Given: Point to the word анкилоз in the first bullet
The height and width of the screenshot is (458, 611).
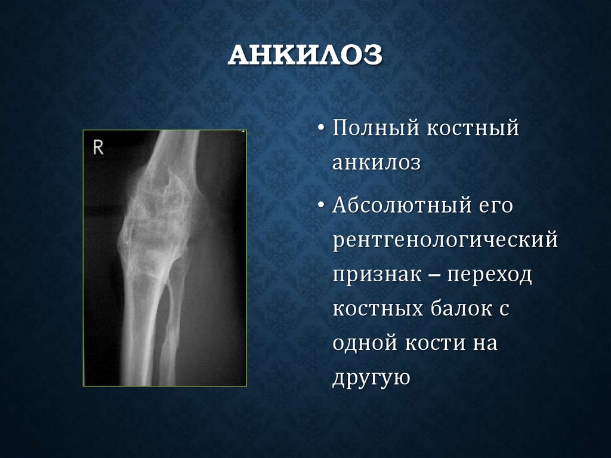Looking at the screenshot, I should tap(377, 164).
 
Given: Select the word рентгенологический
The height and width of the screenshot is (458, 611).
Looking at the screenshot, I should tap(445, 241).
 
